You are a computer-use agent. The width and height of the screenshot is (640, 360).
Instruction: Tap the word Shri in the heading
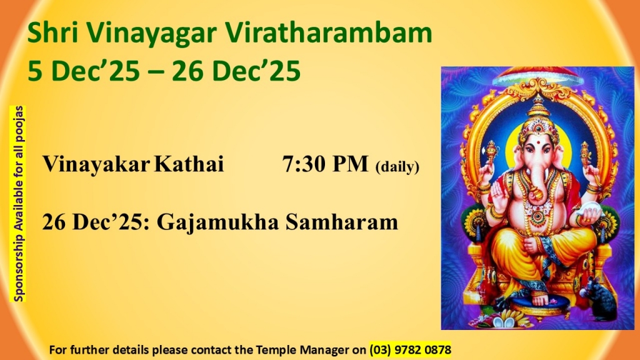[52, 32]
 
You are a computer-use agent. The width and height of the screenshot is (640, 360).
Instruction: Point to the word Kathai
[189, 164]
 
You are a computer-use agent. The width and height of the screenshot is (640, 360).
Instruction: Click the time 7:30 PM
[325, 164]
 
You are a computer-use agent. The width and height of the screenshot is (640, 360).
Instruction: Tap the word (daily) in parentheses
[397, 166]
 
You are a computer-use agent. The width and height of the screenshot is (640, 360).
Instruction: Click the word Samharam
[342, 222]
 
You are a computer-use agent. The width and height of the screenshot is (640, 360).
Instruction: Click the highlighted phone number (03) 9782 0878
[410, 350]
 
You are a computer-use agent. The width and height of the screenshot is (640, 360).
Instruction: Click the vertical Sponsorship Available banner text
[18, 204]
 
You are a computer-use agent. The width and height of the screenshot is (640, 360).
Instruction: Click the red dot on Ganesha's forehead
[539, 143]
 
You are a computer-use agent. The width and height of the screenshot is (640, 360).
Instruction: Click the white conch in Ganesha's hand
[589, 214]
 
